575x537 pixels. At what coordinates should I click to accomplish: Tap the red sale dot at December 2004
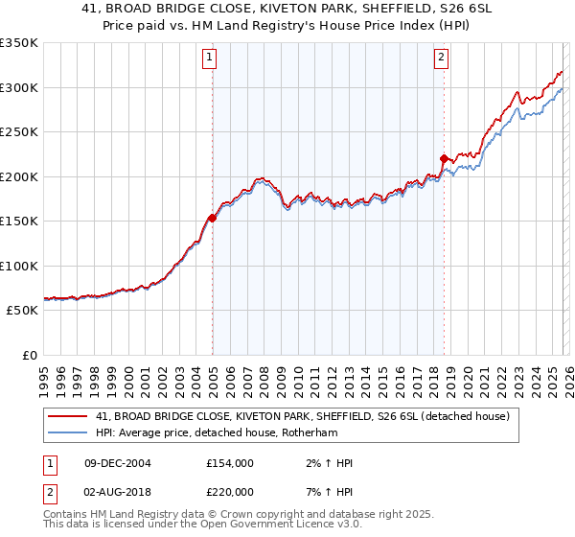point(212,218)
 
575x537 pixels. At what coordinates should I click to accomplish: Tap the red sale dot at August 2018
point(444,158)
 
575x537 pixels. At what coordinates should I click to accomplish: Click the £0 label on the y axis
point(29,355)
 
